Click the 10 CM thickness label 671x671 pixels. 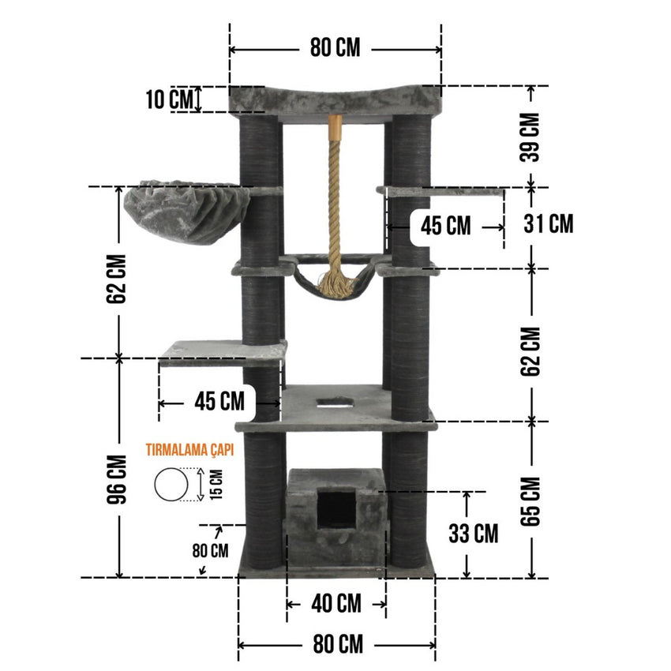click(x=170, y=99)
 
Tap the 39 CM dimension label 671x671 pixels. click(x=530, y=137)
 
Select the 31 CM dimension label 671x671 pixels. click(x=548, y=224)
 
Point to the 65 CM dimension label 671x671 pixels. click(x=530, y=501)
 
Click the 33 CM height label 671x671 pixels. click(x=474, y=534)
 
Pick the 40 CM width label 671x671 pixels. click(x=336, y=604)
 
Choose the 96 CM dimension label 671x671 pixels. click(x=117, y=479)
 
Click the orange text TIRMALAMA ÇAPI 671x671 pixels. click(x=189, y=450)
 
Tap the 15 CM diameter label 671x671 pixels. click(x=216, y=485)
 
